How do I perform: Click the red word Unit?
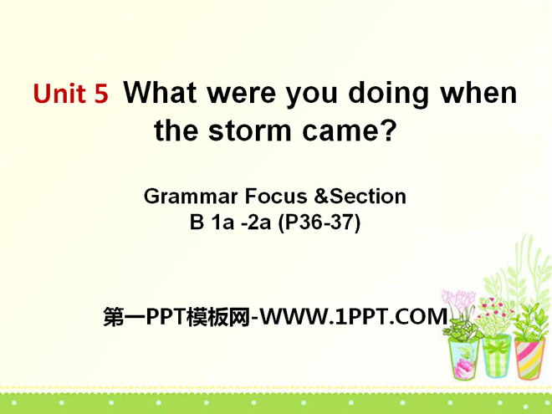[x=59, y=94]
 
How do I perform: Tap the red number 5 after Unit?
[x=101, y=94]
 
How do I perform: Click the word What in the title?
[x=161, y=93]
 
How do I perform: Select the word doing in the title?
[x=388, y=95]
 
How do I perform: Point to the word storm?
[x=250, y=130]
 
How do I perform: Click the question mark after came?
[x=389, y=130]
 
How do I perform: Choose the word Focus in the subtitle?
[x=276, y=196]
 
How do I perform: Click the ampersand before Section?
[x=321, y=196]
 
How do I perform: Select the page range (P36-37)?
[x=319, y=222]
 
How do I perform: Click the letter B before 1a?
[x=197, y=222]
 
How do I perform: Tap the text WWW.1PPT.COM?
[x=354, y=316]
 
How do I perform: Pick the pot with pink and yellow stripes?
[x=529, y=358]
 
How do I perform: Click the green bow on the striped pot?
[x=497, y=347]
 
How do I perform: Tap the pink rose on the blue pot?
[x=461, y=367]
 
